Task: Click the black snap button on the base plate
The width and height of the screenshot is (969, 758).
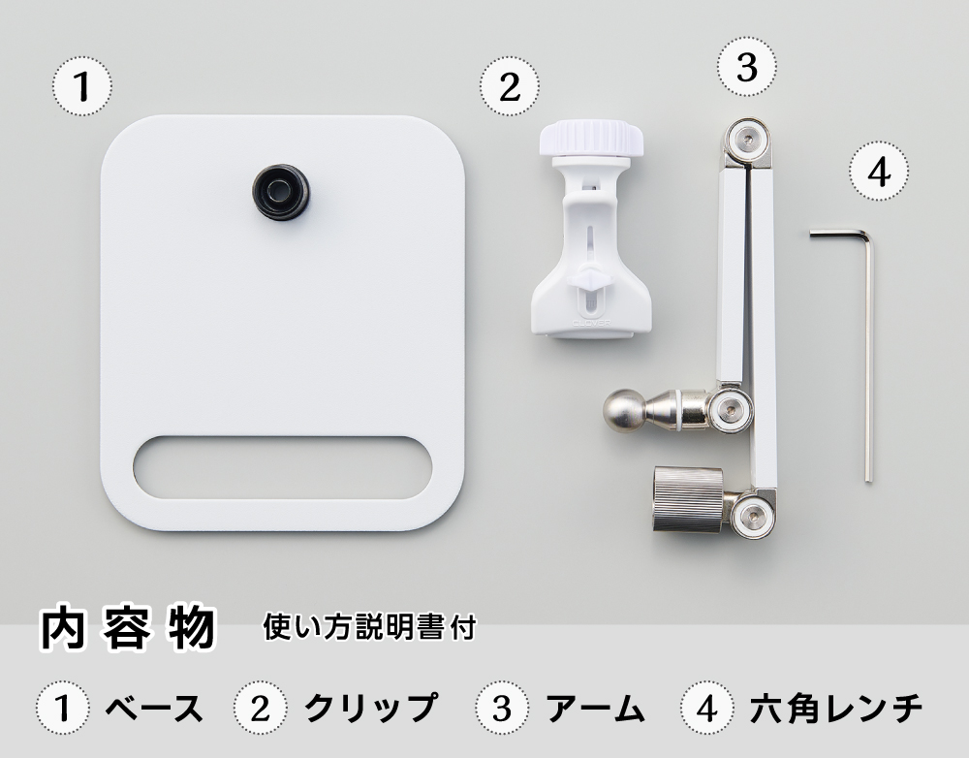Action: coord(281,192)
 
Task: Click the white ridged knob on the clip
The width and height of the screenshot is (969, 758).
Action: coord(591,139)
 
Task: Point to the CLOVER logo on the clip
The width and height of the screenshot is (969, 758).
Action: coord(591,323)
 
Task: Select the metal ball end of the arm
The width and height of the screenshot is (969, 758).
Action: coord(624,409)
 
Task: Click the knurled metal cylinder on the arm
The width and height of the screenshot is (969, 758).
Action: coord(688,498)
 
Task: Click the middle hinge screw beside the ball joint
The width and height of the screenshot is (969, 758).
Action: coord(731,409)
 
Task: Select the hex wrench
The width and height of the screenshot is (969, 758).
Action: coord(868,346)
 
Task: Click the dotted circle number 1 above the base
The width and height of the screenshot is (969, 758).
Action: coord(82,85)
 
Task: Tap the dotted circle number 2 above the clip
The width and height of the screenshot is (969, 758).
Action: coord(510,86)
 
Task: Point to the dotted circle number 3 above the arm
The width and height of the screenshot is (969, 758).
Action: coord(747,66)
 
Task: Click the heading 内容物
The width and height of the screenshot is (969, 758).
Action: coord(128,629)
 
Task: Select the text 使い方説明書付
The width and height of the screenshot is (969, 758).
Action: coord(369,627)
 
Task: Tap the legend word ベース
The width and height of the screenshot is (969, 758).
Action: coord(154,709)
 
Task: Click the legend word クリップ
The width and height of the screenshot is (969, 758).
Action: coord(371,708)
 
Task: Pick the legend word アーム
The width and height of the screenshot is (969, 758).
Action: coord(595,709)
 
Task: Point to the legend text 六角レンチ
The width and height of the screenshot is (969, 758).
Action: coord(836,709)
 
